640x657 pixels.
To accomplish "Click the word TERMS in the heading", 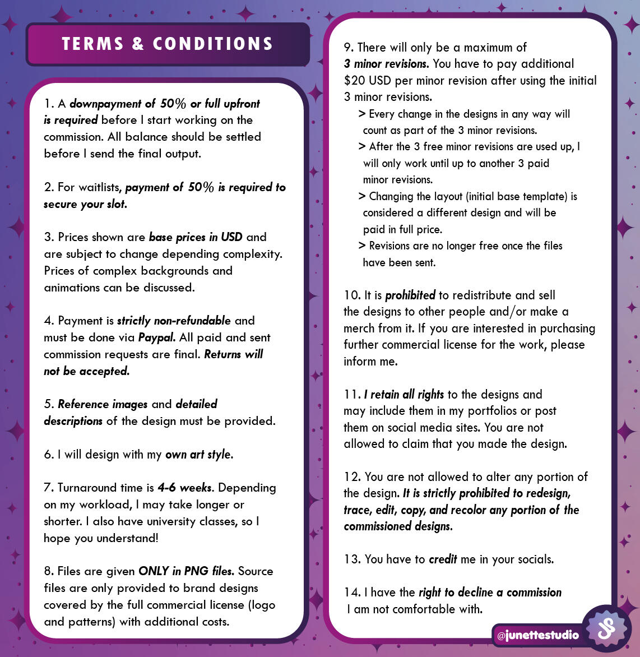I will (x=92, y=44).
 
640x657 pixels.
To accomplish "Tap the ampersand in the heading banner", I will (x=138, y=44).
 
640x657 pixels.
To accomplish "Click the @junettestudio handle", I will (x=538, y=635).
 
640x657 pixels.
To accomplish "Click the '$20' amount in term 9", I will (x=355, y=81).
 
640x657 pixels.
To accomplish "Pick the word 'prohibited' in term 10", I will (x=410, y=295).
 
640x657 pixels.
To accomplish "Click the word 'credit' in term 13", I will (x=443, y=559).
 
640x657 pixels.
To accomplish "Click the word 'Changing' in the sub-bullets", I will (x=391, y=197).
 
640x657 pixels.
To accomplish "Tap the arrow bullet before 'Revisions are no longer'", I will (x=362, y=246).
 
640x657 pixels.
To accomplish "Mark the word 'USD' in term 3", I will (x=231, y=237).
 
